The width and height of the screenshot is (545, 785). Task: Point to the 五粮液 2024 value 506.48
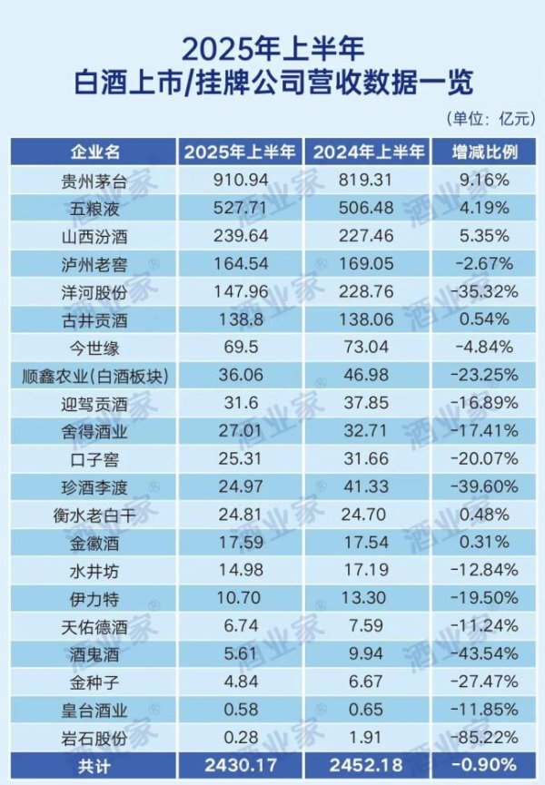point(363,207)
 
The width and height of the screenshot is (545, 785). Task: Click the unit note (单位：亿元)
point(490,119)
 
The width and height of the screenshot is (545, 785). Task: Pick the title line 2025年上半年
point(272,46)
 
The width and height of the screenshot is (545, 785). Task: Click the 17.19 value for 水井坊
point(363,573)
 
